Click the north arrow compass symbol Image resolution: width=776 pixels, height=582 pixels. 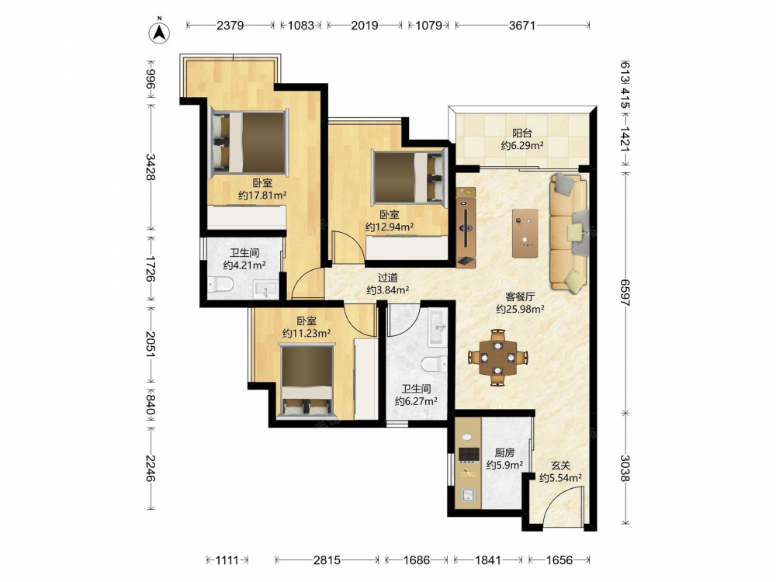159,31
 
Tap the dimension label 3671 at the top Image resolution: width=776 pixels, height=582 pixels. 522,26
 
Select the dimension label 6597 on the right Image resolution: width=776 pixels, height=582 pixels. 625,293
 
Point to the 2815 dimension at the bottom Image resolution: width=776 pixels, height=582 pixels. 327,559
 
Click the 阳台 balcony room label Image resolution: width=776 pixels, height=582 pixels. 521,133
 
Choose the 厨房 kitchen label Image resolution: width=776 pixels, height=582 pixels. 504,453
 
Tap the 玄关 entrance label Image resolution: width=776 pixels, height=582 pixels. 561,466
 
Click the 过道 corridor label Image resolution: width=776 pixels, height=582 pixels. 387,278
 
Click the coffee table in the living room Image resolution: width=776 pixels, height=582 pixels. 525,233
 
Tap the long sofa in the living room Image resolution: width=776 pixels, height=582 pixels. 569,231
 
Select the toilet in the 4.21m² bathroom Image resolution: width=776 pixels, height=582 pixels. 220,285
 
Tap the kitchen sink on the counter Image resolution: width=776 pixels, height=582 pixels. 468,495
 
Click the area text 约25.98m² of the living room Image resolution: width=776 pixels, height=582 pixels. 520,310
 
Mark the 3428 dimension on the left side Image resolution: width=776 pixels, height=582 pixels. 151,168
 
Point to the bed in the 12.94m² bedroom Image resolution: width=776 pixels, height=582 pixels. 410,177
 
